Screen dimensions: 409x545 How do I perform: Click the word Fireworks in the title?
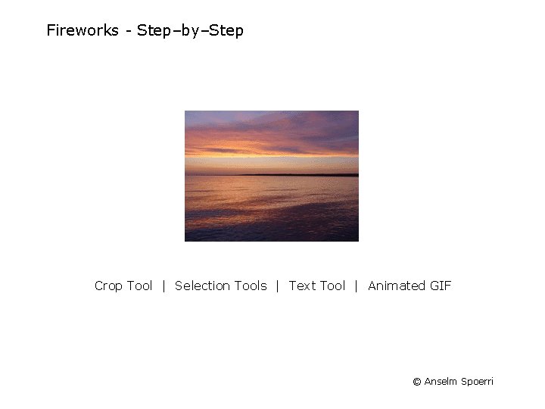point(83,31)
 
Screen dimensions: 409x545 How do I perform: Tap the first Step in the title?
point(154,31)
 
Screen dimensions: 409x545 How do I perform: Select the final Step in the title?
point(226,31)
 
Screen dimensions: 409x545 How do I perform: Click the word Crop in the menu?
point(109,286)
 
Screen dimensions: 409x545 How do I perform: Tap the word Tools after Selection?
point(251,286)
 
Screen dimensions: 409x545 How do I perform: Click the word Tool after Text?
point(332,286)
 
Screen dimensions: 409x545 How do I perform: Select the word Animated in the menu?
point(396,286)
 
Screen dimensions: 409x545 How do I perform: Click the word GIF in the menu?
point(440,286)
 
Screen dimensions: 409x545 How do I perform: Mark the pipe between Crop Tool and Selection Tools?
point(163,286)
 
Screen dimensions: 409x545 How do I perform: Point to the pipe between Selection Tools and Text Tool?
point(278,286)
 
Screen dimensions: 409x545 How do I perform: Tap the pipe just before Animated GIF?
point(357,286)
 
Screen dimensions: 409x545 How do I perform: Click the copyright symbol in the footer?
point(416,382)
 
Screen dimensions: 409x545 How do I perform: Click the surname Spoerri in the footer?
point(478,382)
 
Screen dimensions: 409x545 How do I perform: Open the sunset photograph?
point(272,176)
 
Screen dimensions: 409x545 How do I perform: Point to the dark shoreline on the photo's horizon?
point(303,175)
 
